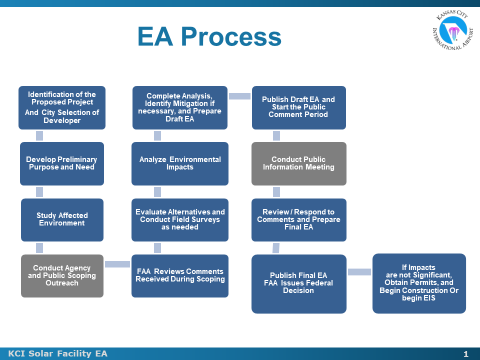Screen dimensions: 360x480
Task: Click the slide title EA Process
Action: [209, 38]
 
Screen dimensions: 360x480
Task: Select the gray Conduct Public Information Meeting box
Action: [298, 163]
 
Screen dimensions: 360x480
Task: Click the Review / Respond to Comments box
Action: [298, 218]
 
